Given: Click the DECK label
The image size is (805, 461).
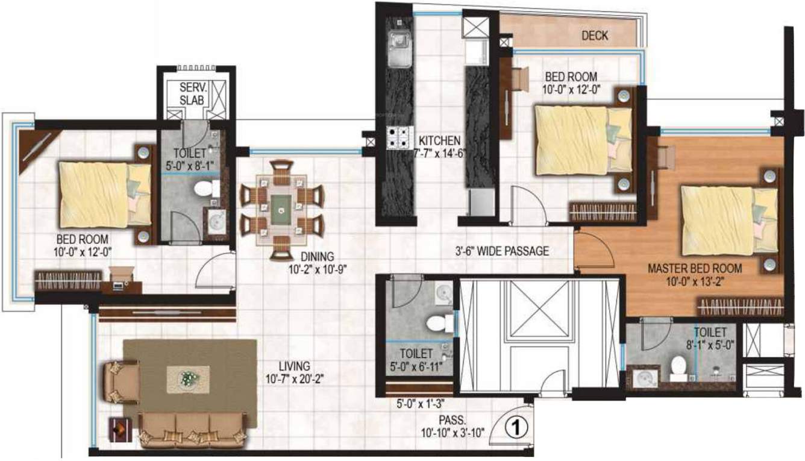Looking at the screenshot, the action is pyautogui.click(x=595, y=36).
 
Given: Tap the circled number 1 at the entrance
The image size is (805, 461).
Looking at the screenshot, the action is pyautogui.click(x=516, y=428).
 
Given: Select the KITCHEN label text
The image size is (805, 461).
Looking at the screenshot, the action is pyautogui.click(x=439, y=140).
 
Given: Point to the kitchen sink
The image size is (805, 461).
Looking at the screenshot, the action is pyautogui.click(x=399, y=49).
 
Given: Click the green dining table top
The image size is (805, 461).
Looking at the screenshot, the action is pyautogui.click(x=281, y=210).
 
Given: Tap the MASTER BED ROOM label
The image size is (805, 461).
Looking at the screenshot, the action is pyautogui.click(x=695, y=268).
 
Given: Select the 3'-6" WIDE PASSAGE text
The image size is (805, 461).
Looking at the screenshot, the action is pyautogui.click(x=502, y=251).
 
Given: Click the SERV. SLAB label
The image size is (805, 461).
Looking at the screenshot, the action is pyautogui.click(x=192, y=93).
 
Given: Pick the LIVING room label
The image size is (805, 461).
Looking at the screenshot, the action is pyautogui.click(x=295, y=366).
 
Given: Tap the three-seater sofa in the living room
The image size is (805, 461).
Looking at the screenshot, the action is pyautogui.click(x=193, y=430).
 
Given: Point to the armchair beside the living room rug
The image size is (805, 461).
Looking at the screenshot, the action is pyautogui.click(x=121, y=382).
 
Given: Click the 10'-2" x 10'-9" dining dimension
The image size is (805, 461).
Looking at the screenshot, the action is pyautogui.click(x=318, y=269).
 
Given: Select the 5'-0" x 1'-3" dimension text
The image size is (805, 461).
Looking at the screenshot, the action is pyautogui.click(x=421, y=404).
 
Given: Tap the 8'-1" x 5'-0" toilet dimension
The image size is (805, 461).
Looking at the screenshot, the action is pyautogui.click(x=710, y=345).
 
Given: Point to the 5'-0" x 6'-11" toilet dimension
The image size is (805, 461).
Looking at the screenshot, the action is pyautogui.click(x=416, y=367).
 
